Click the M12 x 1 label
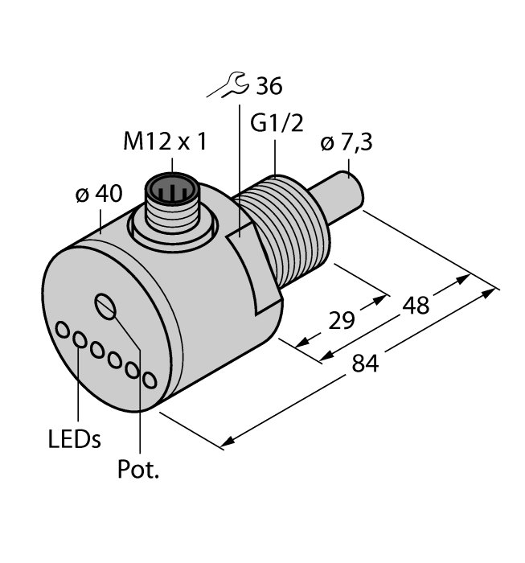[x=164, y=142]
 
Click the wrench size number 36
[x=268, y=86]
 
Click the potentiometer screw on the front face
[x=105, y=306]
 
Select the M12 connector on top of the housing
[x=170, y=196]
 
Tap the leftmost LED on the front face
[x=63, y=331]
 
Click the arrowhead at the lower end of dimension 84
[x=228, y=442]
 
